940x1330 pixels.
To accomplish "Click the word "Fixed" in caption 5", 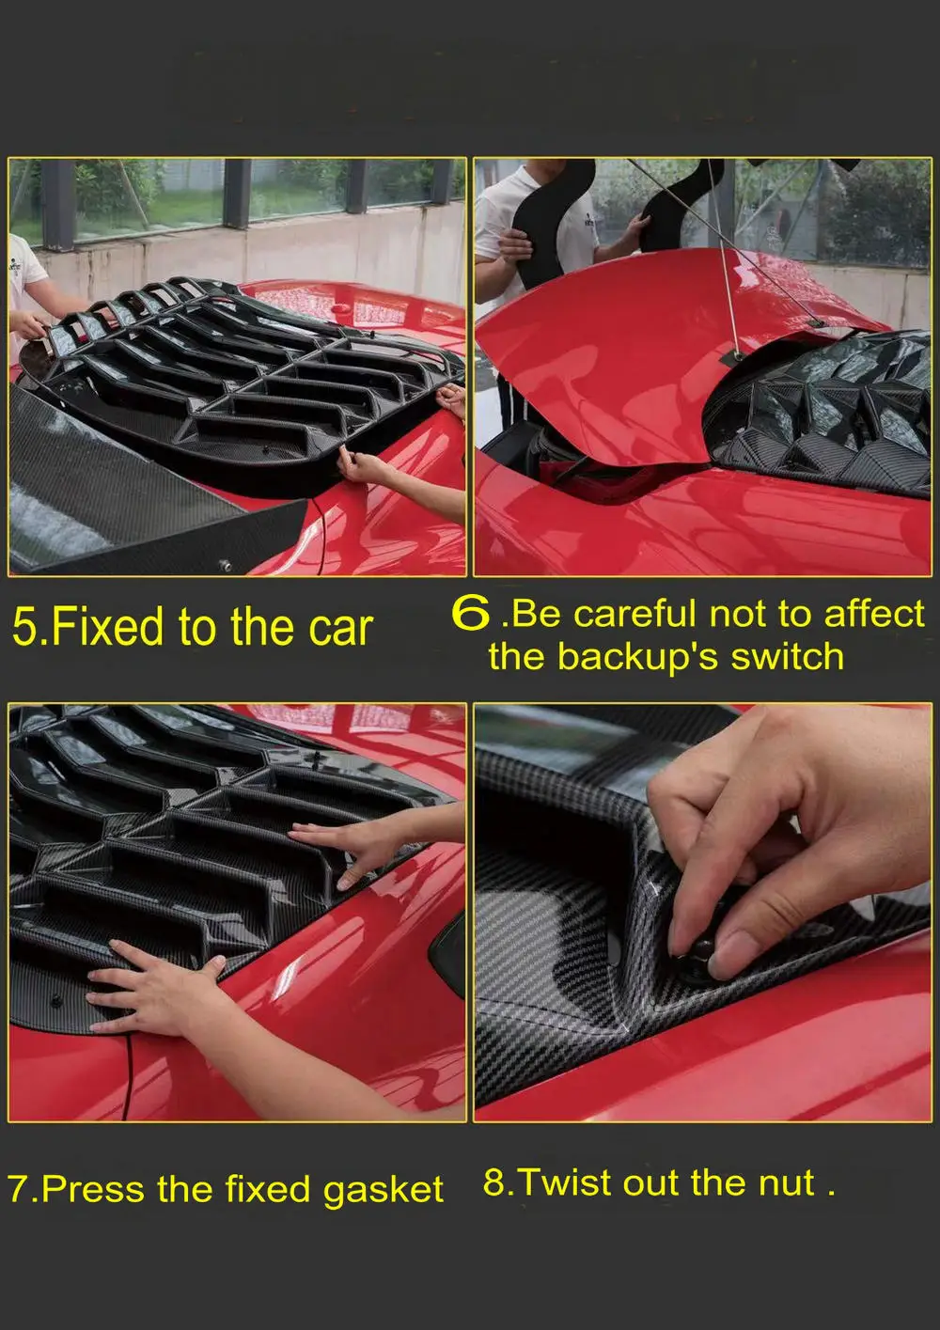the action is pyautogui.click(x=107, y=627).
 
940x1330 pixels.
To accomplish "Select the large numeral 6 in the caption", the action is pyautogui.click(x=471, y=612).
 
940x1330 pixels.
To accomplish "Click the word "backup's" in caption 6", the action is pyautogui.click(x=638, y=658).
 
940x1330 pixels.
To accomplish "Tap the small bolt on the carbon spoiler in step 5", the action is pyautogui.click(x=225, y=564).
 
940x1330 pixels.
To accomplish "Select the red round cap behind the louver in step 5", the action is pyautogui.click(x=341, y=308).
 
